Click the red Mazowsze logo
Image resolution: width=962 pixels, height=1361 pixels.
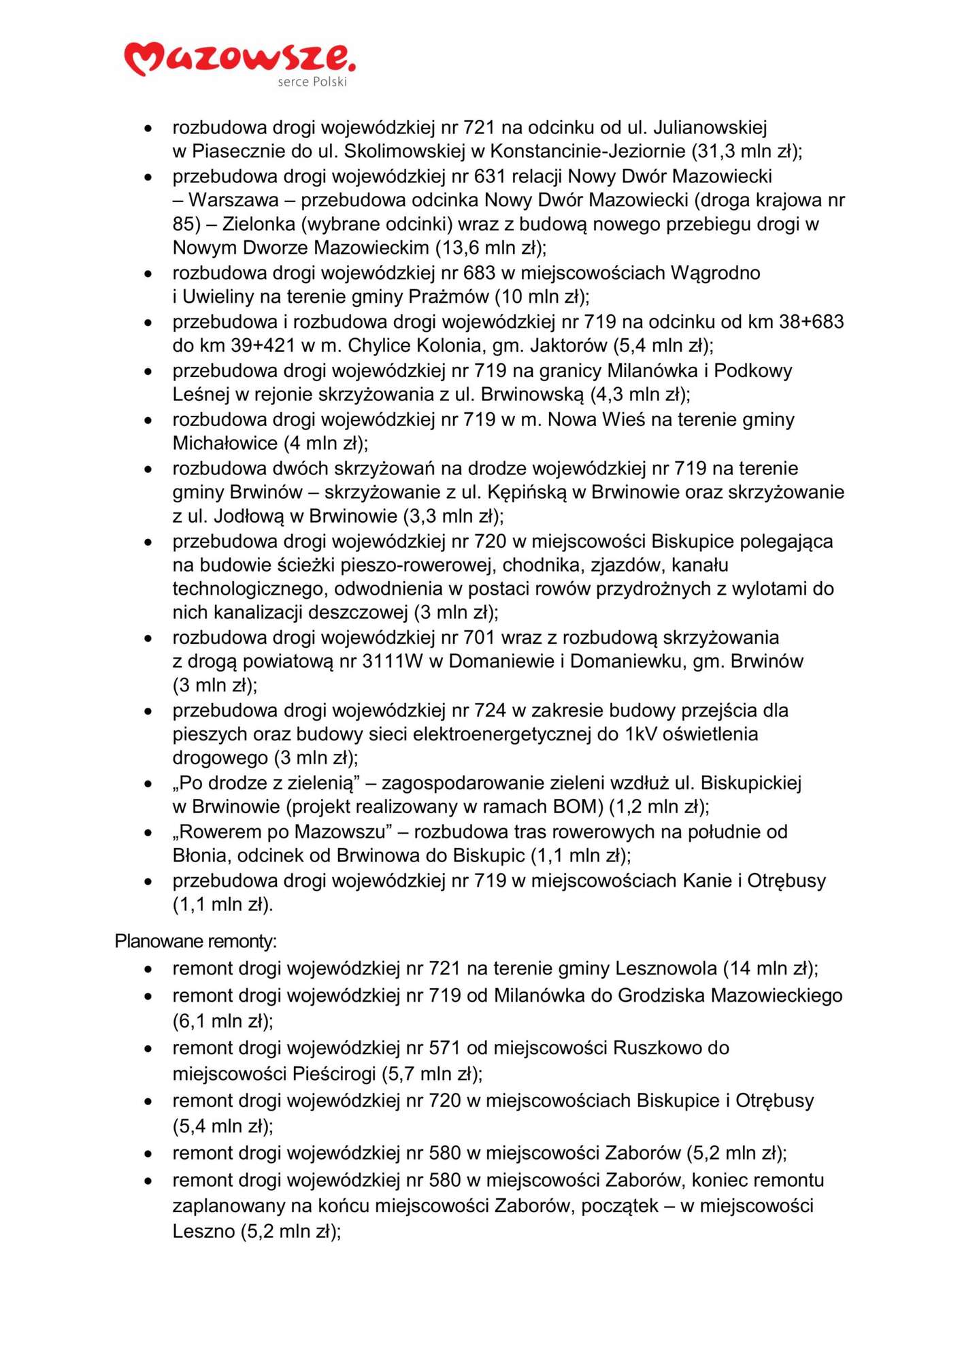(239, 59)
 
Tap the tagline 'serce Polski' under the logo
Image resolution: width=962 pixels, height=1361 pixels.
(312, 82)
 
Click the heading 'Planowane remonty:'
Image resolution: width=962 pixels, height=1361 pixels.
(195, 941)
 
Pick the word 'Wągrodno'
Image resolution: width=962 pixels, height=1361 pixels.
(715, 273)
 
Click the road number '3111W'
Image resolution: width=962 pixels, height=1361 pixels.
(393, 661)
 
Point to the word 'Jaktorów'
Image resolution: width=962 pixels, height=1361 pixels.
(568, 346)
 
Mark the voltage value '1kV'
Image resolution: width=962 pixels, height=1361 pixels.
(640, 734)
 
